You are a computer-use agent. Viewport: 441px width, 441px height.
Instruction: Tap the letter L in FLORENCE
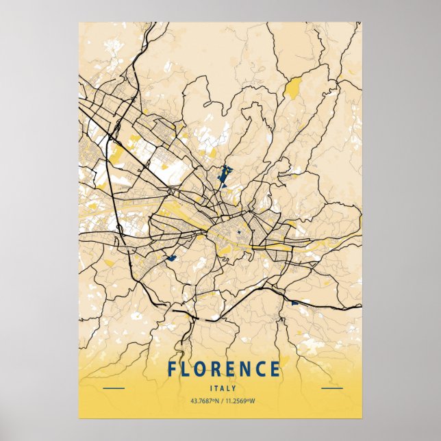coord(187,369)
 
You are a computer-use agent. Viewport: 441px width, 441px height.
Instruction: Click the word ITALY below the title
coord(223,388)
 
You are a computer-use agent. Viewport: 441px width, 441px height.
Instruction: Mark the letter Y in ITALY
coord(233,388)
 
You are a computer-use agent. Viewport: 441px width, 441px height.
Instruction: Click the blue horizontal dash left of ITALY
coord(114,388)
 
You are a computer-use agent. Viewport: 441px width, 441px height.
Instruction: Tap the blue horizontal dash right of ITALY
coord(331,388)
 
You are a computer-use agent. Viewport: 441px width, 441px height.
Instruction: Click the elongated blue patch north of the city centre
coord(224,177)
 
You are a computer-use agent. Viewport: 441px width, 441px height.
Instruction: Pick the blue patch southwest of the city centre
coord(171,258)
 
